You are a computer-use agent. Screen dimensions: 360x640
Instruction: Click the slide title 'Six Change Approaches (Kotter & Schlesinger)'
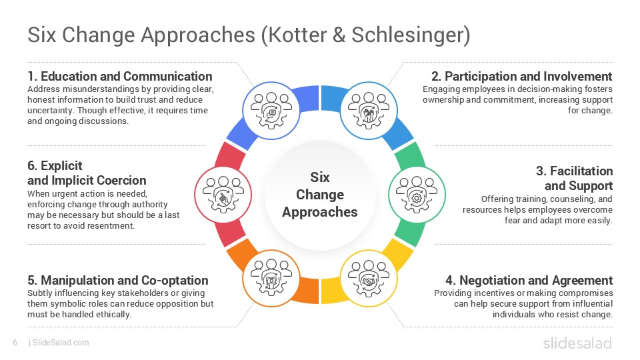pos(248,35)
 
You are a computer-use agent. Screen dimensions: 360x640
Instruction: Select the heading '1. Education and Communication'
pos(120,76)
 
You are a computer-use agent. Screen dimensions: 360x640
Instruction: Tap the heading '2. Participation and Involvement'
pos(521,76)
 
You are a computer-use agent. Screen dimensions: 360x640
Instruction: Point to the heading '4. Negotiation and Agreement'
pos(529,280)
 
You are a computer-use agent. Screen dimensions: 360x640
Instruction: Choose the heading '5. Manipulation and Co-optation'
pos(118,280)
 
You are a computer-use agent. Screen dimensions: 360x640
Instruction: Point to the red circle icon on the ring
pos(223,194)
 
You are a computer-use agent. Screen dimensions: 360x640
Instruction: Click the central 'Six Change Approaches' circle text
pos(319,195)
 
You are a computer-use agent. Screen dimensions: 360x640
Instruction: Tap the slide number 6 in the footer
pos(15,343)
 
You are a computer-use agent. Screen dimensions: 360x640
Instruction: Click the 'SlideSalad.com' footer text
pos(61,343)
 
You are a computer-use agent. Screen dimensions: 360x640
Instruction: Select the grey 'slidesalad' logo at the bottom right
pos(577,343)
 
